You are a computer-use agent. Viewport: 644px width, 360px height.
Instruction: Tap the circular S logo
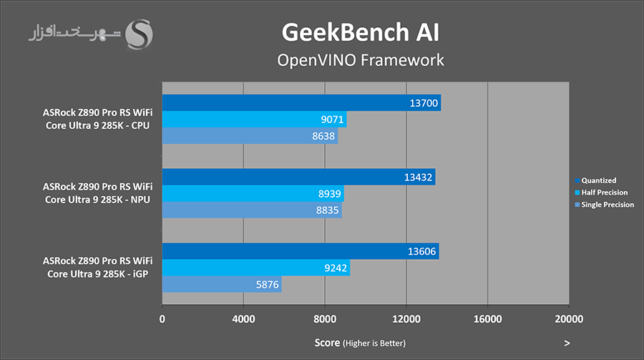[x=139, y=33]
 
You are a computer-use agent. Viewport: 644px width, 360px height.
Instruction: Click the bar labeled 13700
[x=301, y=103]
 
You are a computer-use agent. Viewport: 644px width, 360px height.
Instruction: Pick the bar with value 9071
[x=254, y=120]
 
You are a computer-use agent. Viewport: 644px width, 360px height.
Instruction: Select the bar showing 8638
[x=250, y=136]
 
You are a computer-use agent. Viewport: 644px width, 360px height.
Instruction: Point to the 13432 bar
[x=298, y=177]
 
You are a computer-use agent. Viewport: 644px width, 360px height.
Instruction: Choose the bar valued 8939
[x=253, y=194]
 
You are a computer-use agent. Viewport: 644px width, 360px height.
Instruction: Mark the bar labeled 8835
[x=252, y=210]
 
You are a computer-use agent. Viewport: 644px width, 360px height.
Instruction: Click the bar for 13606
[x=301, y=251]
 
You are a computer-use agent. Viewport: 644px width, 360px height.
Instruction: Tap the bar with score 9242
[x=256, y=268]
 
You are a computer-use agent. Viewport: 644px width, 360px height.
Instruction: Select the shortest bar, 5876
[x=222, y=285]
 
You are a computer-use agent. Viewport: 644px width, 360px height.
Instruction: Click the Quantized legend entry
[x=598, y=180]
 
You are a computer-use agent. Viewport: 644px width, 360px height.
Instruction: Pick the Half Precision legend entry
[x=604, y=193]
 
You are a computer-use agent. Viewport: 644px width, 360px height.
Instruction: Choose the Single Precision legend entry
[x=607, y=205]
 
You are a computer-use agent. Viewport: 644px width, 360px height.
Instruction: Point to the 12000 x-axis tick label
[x=406, y=319]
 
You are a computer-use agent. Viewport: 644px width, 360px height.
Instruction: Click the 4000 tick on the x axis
[x=243, y=319]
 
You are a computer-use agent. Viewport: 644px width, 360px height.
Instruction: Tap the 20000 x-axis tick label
[x=568, y=319]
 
